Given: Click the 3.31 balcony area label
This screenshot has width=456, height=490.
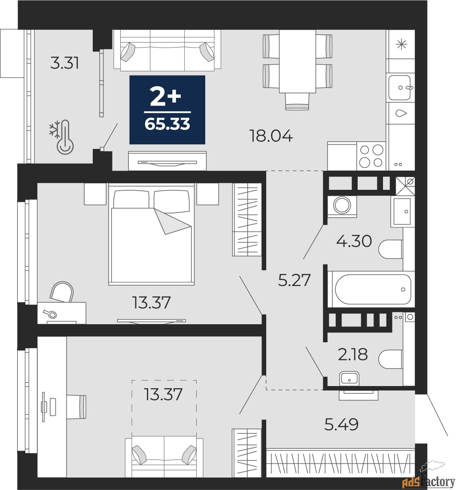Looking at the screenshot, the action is point(64,63).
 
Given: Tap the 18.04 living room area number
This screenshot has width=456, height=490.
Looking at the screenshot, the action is point(271,136).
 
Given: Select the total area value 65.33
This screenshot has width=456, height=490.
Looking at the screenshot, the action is point(167,124).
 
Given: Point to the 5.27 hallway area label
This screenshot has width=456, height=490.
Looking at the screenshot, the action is point(294,280).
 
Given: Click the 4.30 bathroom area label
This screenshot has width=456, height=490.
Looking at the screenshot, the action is point(354,241).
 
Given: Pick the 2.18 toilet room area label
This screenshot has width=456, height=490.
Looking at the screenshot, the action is point(353,355).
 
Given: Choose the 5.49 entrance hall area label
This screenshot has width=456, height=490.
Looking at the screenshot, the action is point(341,424).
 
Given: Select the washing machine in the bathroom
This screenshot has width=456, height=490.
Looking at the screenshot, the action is point(342,205).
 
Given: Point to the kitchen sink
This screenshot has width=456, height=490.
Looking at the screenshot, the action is point(400,88).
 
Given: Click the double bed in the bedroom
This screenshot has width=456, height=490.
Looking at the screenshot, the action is point(152,234).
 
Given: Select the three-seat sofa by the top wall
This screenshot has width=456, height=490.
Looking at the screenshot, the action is point(167,50).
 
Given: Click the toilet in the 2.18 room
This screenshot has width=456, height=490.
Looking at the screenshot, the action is point(390,359).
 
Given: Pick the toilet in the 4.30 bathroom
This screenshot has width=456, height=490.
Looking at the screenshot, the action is point(390,249).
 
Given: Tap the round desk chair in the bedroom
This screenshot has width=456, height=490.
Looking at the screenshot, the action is point(62,292).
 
